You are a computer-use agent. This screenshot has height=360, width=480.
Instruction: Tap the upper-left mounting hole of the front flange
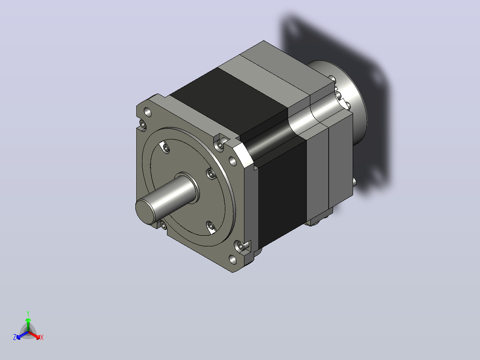coord(147,112)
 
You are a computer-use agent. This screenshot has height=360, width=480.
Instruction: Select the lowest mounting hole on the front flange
coord(232,260)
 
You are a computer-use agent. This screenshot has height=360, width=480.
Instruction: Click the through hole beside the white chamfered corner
coord(232,161)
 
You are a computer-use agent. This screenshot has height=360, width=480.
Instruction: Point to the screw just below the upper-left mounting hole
coord(142,124)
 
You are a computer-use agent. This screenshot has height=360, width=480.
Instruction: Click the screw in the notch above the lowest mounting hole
coord(241,246)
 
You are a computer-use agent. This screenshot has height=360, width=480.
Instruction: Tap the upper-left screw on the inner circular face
coord(166,149)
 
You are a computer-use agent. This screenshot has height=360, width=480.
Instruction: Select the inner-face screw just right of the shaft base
coord(211,174)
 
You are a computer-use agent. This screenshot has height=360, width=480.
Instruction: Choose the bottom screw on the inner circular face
coord(211,226)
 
